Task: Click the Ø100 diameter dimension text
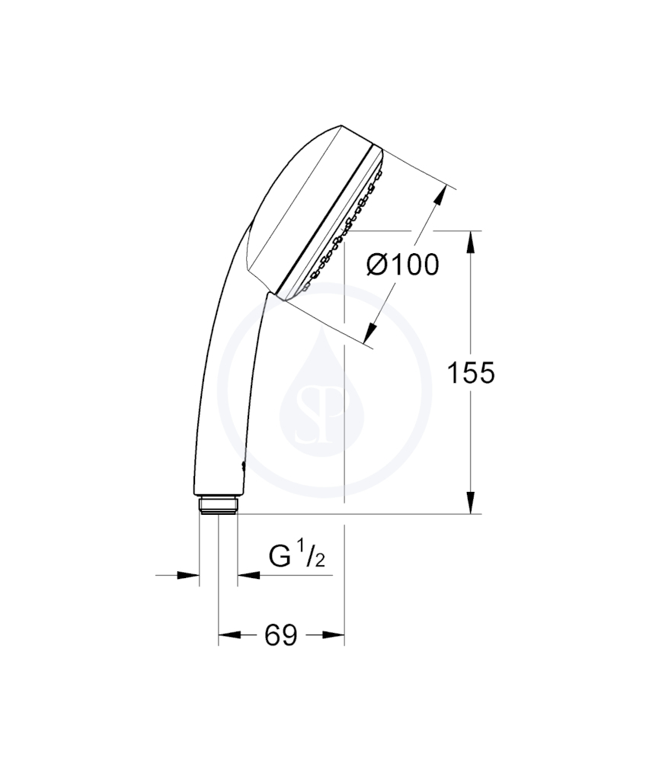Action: coord(403,265)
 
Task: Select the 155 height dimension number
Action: coord(470,373)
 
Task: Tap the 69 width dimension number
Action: coord(281,635)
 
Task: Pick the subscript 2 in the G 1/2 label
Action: coord(320,563)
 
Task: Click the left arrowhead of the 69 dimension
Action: coord(229,635)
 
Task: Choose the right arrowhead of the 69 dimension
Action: coord(334,635)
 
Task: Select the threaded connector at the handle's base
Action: coord(218,506)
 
